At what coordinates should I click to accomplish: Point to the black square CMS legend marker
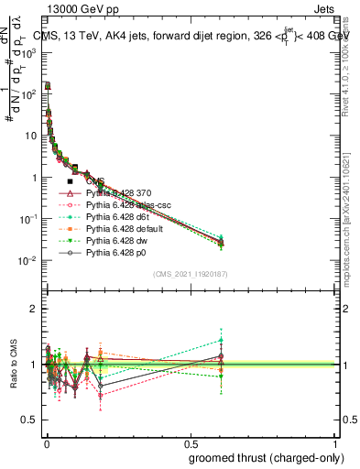point(70,181)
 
